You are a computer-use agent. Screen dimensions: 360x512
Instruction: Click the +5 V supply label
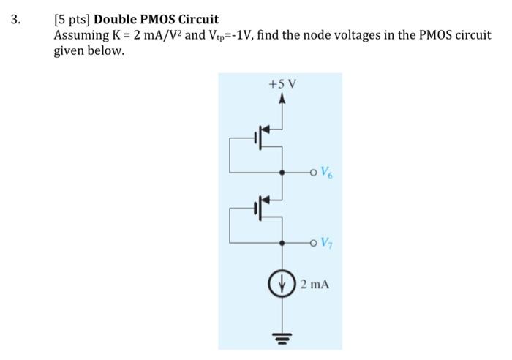click(x=282, y=84)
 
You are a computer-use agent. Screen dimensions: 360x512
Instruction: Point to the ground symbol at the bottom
click(x=282, y=337)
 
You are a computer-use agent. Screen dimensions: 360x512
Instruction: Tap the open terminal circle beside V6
click(x=312, y=173)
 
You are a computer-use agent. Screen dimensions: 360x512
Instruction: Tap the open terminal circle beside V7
click(x=312, y=242)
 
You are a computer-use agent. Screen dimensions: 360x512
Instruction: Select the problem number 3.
click(x=15, y=19)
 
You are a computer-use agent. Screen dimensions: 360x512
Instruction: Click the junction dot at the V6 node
click(x=282, y=173)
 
